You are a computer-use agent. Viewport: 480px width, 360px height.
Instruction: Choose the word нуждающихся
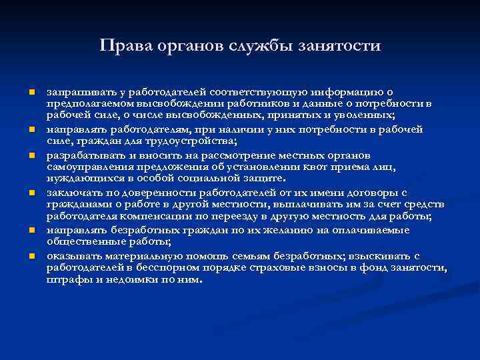coord(82,179)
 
